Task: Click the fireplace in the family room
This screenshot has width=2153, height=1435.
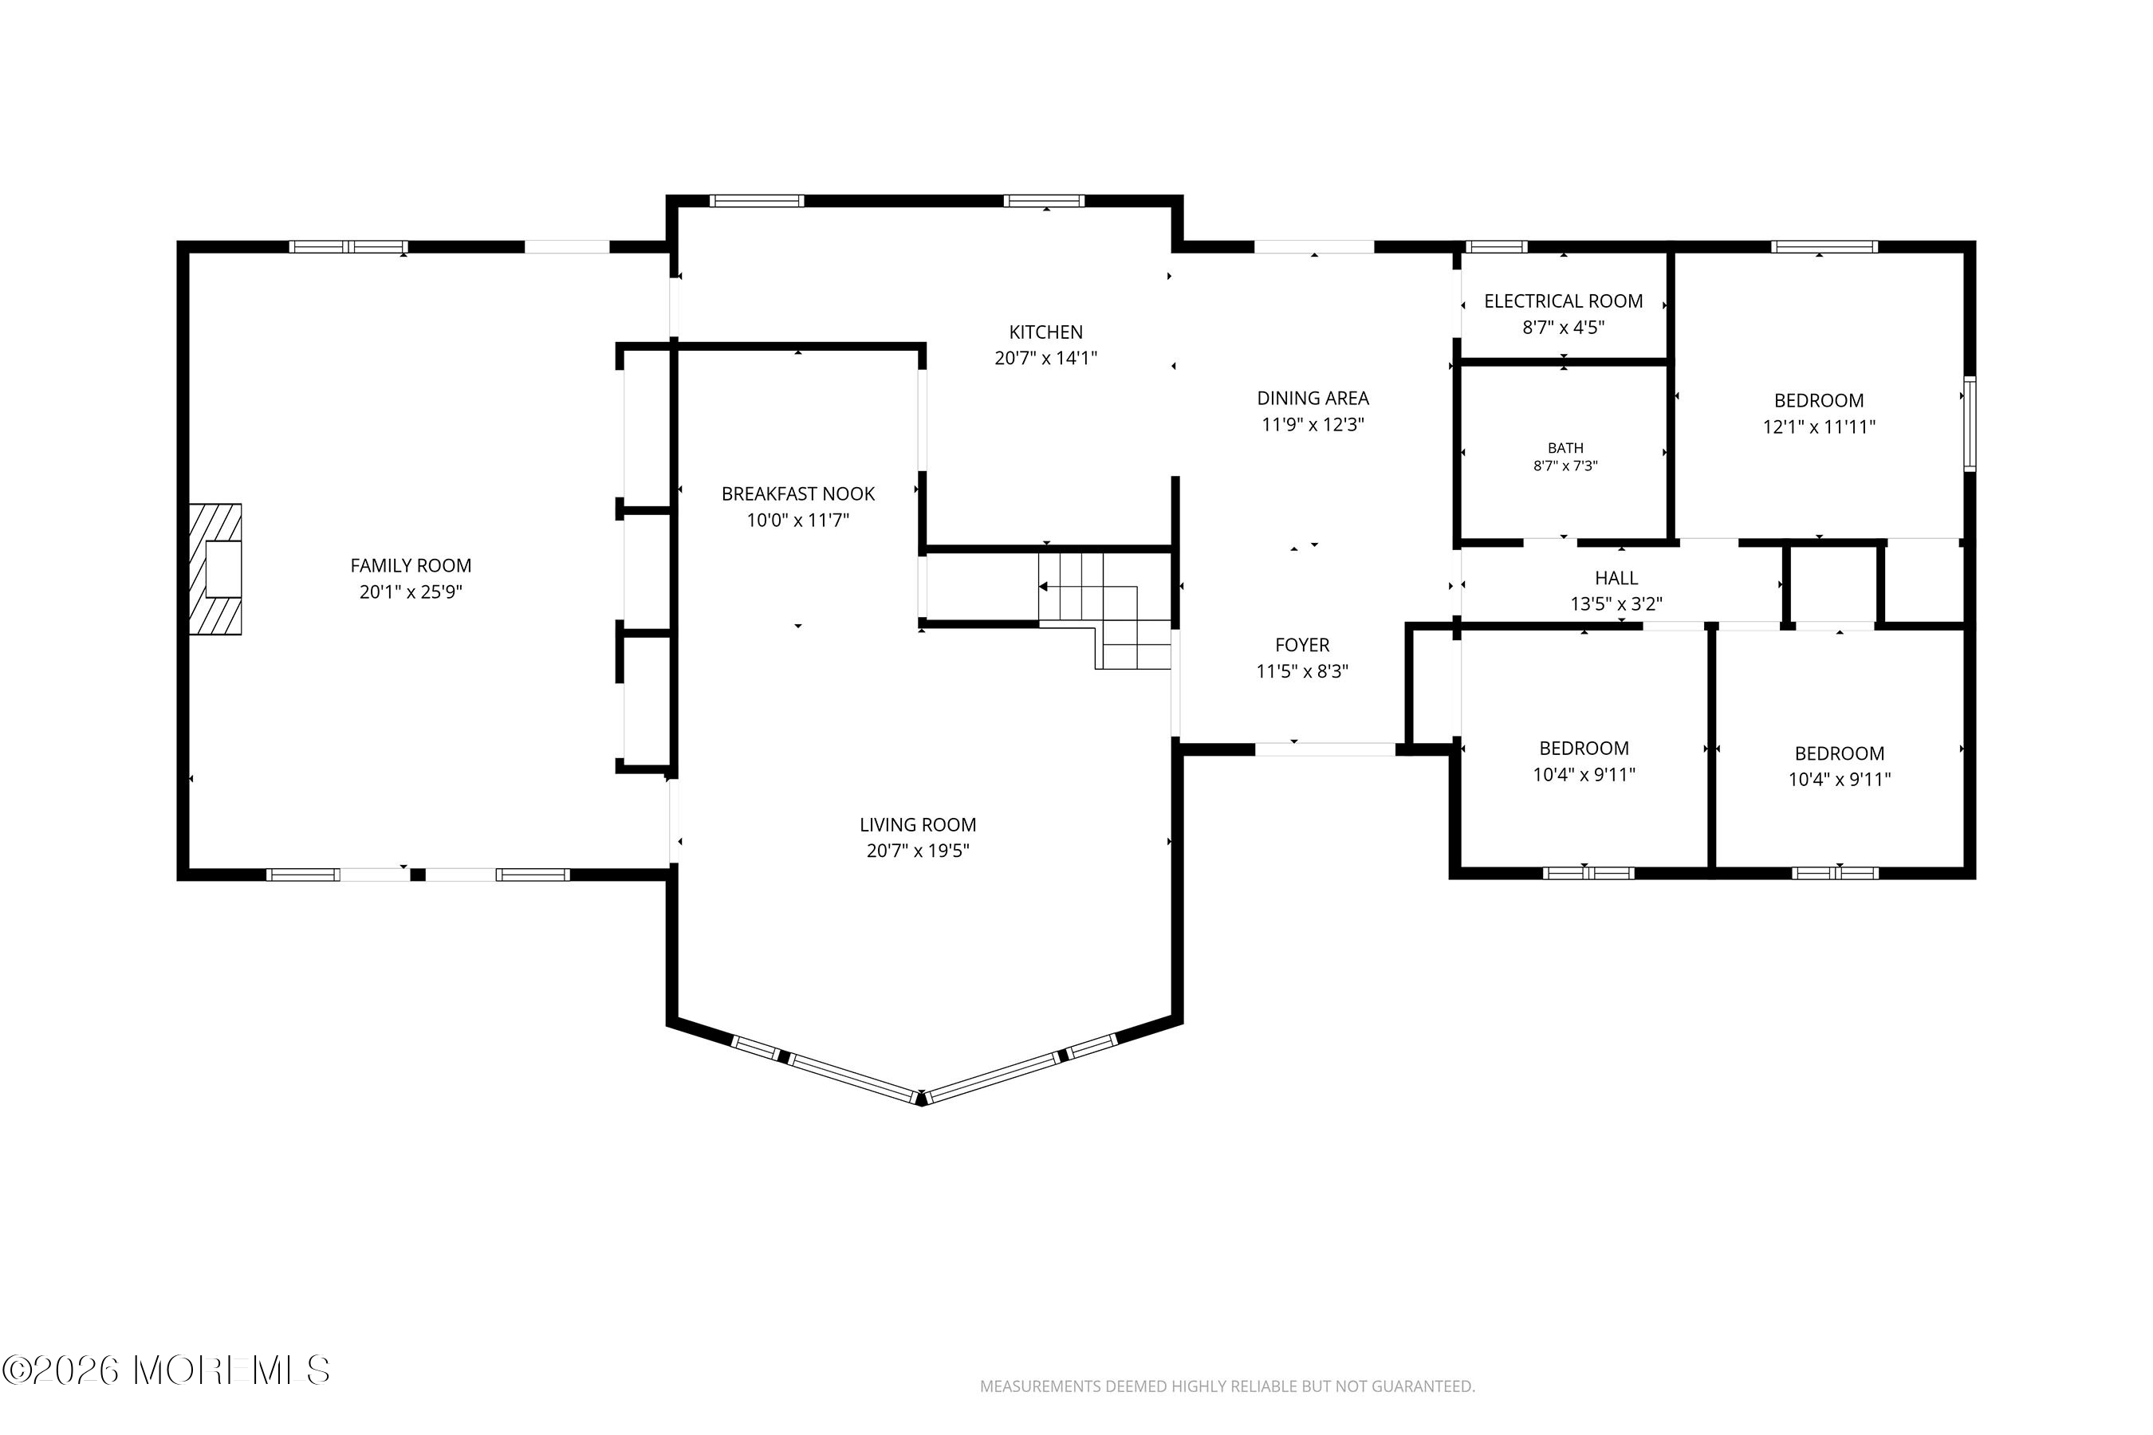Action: point(216,569)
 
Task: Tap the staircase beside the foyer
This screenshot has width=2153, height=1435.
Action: point(1106,611)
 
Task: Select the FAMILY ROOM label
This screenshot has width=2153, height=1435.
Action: point(411,565)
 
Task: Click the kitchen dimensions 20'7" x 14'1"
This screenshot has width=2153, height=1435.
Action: point(1045,358)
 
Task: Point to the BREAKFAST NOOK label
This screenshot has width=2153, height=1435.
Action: point(798,494)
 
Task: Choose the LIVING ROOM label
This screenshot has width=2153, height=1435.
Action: point(918,824)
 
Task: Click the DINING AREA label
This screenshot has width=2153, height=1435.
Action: point(1313,398)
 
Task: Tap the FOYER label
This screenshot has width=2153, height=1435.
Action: point(1303,645)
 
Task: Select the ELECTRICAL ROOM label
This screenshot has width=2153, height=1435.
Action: point(1564,301)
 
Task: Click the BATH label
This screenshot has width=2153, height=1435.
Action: point(1565,448)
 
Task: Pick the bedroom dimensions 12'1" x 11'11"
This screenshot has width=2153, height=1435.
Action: point(1819,427)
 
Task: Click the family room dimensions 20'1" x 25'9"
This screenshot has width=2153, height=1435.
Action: point(411,592)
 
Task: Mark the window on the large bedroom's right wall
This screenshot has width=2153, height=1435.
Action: point(1969,424)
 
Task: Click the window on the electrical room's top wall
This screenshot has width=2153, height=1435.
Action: point(1497,246)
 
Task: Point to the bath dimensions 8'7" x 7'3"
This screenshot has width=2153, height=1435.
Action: point(1565,466)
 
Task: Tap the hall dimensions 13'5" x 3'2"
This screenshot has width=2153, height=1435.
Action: point(1616,604)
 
